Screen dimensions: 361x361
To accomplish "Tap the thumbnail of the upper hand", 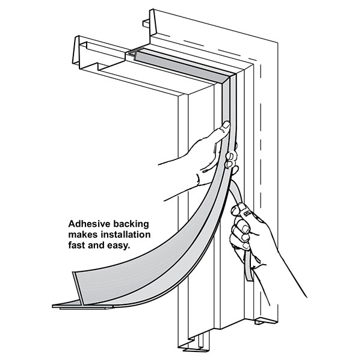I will point(226,126).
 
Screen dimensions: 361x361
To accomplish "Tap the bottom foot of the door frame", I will point(196,346).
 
